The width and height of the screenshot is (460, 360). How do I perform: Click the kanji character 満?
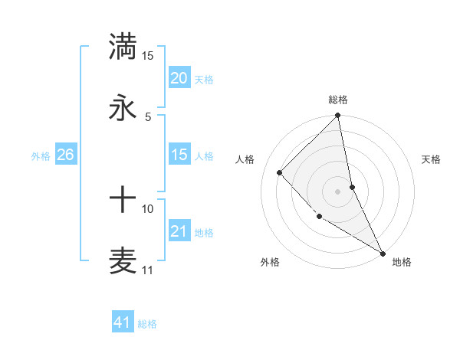coord(123,46)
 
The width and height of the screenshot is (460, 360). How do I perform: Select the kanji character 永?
coord(123,108)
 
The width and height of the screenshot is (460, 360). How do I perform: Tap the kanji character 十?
coord(123,201)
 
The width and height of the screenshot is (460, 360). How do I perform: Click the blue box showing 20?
coord(179,77)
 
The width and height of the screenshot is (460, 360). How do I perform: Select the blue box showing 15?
coord(179,155)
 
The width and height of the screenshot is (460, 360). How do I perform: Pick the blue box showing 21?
coord(179,231)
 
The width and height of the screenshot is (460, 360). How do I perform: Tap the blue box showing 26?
coord(65,155)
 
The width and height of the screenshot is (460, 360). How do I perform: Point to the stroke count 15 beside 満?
coord(148,56)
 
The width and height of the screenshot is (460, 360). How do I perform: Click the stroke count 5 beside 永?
coord(148,116)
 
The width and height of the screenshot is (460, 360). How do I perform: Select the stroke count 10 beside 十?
coord(148,208)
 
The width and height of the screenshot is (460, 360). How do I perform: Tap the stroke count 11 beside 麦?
coord(148,270)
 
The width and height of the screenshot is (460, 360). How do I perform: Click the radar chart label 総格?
coord(338,100)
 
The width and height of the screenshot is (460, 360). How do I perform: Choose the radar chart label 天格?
coord(432,159)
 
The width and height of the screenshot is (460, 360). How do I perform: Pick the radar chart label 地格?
coord(402,262)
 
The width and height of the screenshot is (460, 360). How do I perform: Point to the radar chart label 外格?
coord(270,262)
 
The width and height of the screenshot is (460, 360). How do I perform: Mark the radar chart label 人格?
coord(245,159)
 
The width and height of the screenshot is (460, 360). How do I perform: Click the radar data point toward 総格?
coord(338,116)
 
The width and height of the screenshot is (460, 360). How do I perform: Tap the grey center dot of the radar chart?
coord(338,191)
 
